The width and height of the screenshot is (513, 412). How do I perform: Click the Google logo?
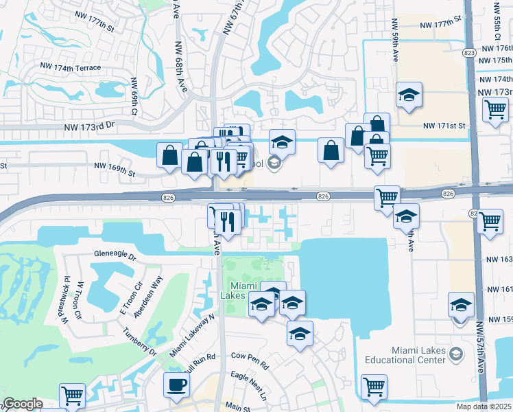click(22, 404)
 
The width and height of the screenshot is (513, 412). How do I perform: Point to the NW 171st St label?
click(444, 126)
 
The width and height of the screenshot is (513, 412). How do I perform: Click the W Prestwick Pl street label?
click(67, 297)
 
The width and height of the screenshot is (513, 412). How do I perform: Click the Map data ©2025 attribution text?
click(484, 407)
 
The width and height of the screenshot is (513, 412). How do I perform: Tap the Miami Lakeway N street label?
click(193, 334)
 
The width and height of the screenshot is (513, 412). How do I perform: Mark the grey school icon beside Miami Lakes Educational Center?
click(455, 355)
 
